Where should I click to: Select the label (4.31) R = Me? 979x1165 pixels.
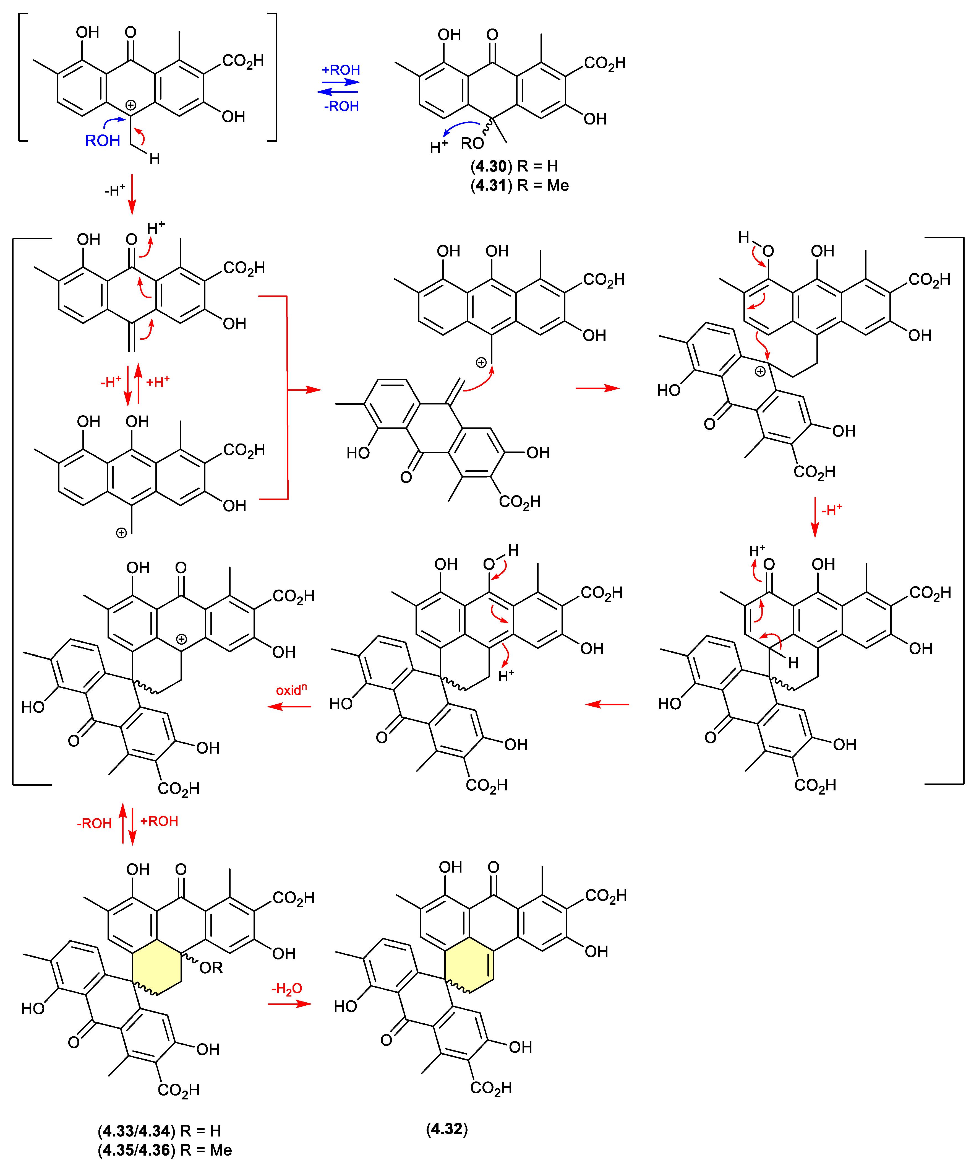click(x=519, y=185)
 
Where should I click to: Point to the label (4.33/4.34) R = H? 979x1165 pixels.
click(x=159, y=1131)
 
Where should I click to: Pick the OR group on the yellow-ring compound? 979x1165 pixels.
click(x=211, y=968)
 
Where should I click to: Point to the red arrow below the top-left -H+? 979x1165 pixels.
click(x=132, y=194)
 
